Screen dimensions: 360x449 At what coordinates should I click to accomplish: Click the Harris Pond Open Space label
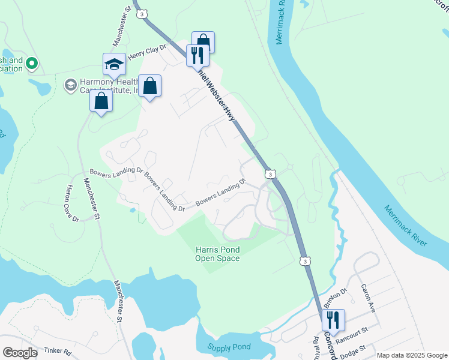[x=217, y=254]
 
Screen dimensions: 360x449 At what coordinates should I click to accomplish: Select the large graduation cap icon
[x=114, y=64]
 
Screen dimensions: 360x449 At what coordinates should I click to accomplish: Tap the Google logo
[x=20, y=352]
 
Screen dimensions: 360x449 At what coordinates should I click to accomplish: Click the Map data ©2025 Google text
[x=411, y=355]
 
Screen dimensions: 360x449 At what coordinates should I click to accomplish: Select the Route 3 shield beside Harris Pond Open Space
[x=306, y=261]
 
